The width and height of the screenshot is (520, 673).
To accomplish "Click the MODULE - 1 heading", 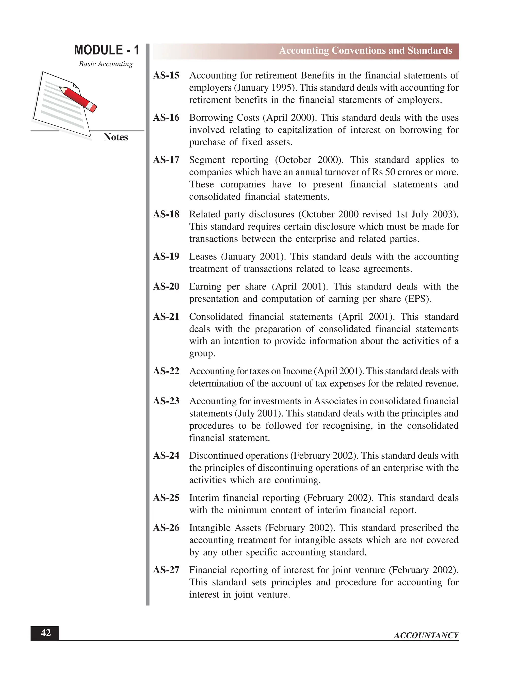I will point(107,50).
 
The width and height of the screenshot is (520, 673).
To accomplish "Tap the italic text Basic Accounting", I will point(106,64).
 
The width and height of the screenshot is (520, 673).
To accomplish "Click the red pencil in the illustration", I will point(78,98).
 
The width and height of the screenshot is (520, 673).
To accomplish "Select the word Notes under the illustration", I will point(116,137).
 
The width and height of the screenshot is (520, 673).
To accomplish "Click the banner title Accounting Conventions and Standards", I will point(365,51).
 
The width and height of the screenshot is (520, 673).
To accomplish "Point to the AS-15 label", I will point(166,75).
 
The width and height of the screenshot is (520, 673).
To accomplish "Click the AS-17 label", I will point(166,160).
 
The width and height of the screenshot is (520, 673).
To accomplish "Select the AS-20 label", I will point(166,286).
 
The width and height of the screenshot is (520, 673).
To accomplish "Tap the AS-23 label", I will point(166,401).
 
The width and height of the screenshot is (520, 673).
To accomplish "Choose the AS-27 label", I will point(166,570).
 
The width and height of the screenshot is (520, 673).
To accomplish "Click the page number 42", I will point(46,633).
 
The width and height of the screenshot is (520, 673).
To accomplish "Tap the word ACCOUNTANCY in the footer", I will point(426,635).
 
